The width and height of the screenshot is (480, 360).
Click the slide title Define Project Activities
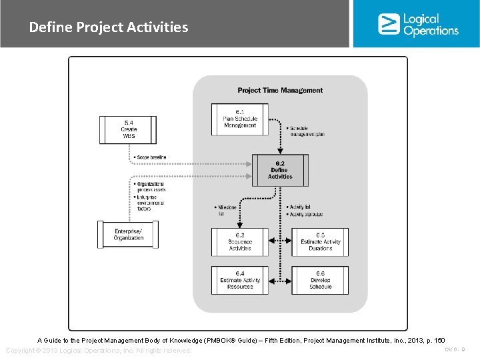[x=109, y=27]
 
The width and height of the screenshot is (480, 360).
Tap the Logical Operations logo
[x=418, y=24]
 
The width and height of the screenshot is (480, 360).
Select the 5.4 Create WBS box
[x=129, y=129]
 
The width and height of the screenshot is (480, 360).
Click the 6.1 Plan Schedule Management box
[x=240, y=118]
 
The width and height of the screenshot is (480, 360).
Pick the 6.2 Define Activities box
[x=280, y=170]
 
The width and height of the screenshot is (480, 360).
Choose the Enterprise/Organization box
[x=129, y=235]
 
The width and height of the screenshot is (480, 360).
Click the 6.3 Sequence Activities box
[x=240, y=241]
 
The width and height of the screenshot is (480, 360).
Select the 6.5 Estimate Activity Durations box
[x=320, y=241]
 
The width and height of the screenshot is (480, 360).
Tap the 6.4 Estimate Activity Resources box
[x=240, y=280]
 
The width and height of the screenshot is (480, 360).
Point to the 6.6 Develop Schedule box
[x=320, y=280]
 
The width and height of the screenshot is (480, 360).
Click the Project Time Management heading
[x=280, y=90]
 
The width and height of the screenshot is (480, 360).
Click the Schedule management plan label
[x=307, y=131]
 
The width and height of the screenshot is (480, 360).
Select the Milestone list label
[x=227, y=211]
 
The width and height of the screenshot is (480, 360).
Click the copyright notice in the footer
[x=98, y=351]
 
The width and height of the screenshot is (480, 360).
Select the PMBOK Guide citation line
[x=241, y=341]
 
